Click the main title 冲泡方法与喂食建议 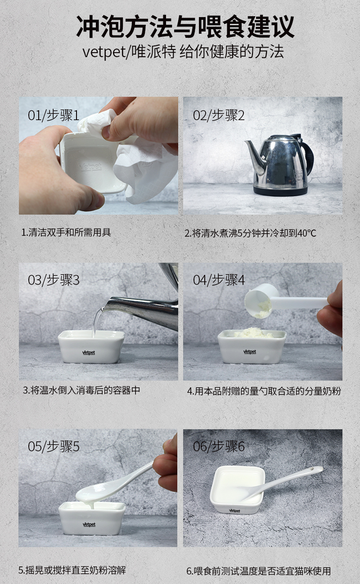pos(185,27)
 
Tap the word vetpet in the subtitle pos(104,53)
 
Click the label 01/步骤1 pos(54,115)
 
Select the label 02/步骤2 pos(219,115)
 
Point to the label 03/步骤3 pos(54,280)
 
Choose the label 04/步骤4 pos(219,280)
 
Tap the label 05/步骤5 pos(54,446)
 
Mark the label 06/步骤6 pos(219,446)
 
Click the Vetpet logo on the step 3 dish pos(89,352)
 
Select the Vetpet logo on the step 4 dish pos(250,352)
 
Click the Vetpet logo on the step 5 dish pos(89,525)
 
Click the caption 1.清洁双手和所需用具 pos(66,232)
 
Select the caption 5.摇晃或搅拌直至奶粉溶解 pos(72,570)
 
